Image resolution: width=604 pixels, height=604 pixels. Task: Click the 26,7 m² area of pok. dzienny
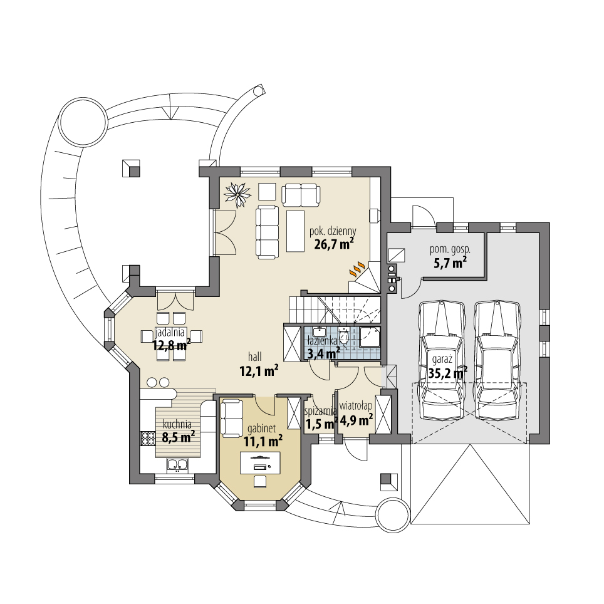point(332,244)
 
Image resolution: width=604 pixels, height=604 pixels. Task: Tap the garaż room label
point(441,359)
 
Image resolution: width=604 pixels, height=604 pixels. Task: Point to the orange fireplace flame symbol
point(357,269)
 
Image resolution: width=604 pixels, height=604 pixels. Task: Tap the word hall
point(254,357)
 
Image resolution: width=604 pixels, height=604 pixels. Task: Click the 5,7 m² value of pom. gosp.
point(450,263)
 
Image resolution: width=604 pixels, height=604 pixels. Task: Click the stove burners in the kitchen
point(147,437)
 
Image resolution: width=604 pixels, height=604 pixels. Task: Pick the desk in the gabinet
point(259,464)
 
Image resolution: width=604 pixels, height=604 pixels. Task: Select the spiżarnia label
point(320,412)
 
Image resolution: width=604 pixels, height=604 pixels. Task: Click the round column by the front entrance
point(392,515)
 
